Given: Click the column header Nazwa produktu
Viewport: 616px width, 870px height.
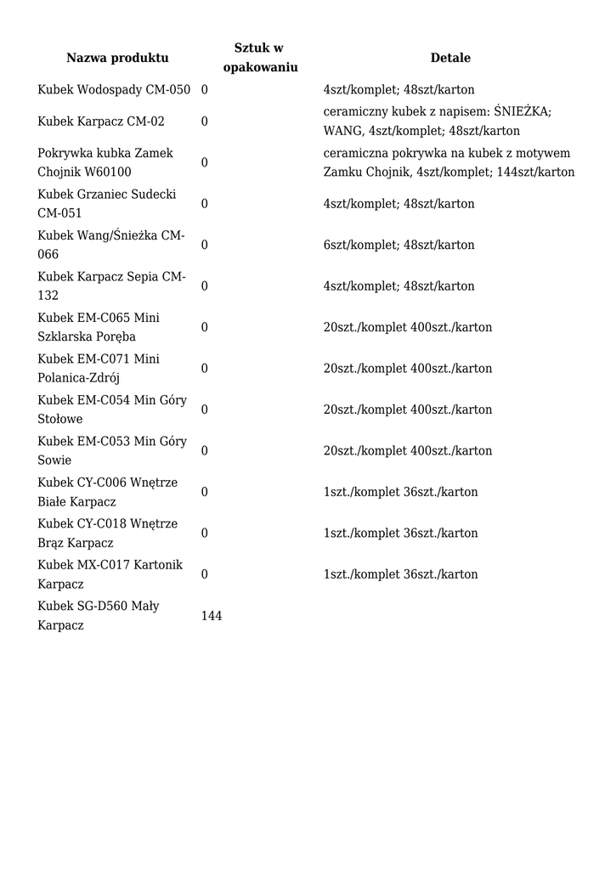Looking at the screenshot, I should [117, 58].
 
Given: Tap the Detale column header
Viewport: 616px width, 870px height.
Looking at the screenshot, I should [450, 58].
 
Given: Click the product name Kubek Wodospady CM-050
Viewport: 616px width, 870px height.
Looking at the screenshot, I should [114, 90].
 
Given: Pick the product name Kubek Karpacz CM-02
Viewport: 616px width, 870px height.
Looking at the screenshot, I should [101, 121].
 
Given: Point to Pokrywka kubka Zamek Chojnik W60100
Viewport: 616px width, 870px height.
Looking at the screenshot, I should [105, 162].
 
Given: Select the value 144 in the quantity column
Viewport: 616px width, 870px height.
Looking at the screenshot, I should [212, 616].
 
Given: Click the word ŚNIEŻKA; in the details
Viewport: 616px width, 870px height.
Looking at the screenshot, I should [523, 112].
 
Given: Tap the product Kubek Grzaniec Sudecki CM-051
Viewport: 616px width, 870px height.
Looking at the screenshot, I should [107, 204].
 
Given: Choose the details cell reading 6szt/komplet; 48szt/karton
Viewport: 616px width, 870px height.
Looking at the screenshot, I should [398, 245].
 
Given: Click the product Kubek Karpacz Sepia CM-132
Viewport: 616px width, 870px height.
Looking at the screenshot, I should [111, 286].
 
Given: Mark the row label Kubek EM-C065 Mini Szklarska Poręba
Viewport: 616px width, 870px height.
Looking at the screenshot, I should [99, 327].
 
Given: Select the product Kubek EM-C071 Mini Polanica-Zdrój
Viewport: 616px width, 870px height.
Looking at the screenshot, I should [99, 369].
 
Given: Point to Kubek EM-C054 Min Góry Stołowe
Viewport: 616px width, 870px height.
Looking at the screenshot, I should [112, 410].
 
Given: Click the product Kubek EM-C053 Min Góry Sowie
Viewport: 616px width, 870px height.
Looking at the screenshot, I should [112, 451].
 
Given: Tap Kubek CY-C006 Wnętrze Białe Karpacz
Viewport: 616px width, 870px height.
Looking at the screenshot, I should [108, 492].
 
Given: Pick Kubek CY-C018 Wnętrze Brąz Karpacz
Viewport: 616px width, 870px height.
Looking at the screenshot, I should [108, 534].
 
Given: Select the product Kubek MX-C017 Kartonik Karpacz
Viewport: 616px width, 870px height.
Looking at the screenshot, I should [110, 574].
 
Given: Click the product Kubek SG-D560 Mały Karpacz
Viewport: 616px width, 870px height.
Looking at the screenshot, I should [99, 616].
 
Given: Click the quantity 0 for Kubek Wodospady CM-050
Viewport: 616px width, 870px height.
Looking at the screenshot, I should [205, 90].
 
